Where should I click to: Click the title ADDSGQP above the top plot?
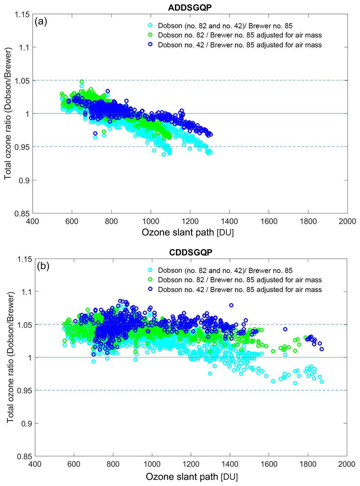[x=190, y=7]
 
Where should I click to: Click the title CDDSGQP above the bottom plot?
[x=190, y=252]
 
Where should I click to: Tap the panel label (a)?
[x=41, y=21]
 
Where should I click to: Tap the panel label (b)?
[x=43, y=266]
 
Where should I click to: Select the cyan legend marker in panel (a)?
[x=150, y=26]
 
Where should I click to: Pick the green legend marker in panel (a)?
[x=150, y=35]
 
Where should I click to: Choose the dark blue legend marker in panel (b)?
[x=150, y=289]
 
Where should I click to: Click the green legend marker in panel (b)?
[x=150, y=280]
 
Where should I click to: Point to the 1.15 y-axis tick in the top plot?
[x=22, y=14]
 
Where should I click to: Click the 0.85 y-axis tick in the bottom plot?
[x=25, y=456]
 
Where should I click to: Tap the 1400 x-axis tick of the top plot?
[x=229, y=221]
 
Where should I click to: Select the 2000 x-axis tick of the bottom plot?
[x=347, y=464]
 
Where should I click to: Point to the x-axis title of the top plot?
[x=188, y=232]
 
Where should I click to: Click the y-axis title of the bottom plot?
[x=10, y=357]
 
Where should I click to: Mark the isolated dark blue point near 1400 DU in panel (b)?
[x=231, y=305]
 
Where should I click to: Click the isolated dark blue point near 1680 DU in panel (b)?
[x=285, y=329]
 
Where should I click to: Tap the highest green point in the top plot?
[x=82, y=82]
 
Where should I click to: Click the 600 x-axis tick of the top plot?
[x=72, y=221]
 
